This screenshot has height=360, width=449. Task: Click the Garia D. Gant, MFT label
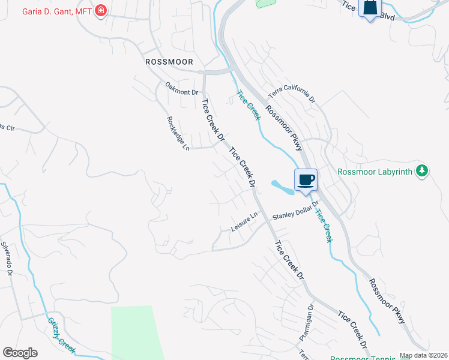point(56,10)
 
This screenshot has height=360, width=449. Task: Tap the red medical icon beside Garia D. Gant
point(101,10)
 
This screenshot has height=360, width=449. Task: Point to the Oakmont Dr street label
point(181,92)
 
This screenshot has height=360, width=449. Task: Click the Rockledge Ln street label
point(178,133)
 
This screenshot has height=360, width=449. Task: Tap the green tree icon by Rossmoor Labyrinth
point(423,171)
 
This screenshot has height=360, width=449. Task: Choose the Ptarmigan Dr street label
point(306,323)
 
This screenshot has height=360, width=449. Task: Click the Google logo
point(20,353)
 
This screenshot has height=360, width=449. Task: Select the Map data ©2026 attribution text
point(423,356)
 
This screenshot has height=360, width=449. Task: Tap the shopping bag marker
point(370,8)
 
